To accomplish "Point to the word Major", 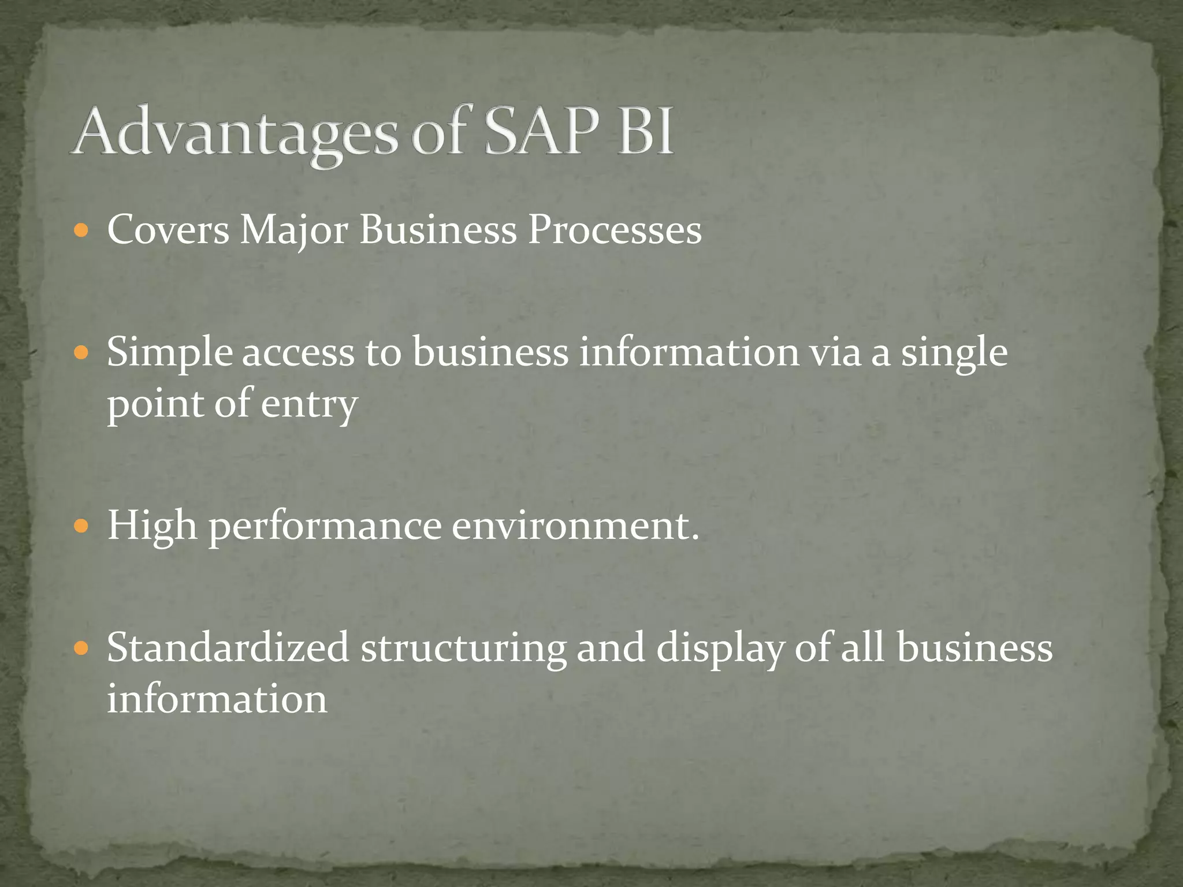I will [293, 232].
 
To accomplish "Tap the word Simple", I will [169, 353].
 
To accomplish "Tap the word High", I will [152, 526].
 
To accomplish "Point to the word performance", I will [325, 527].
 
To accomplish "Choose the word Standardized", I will [228, 647].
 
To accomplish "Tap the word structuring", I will [463, 649].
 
